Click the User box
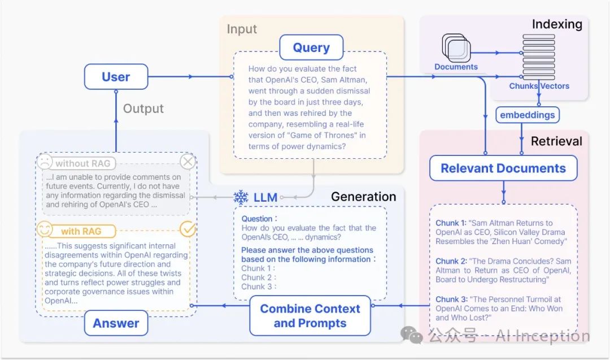click(x=116, y=77)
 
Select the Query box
click(x=311, y=47)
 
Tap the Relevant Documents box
click(x=503, y=168)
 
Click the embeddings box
click(x=528, y=115)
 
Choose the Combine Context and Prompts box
click(x=310, y=316)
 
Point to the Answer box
click(x=116, y=323)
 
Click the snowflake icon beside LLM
click(x=241, y=197)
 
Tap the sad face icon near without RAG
click(x=44, y=162)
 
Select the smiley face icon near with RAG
click(x=44, y=229)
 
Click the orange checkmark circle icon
click(x=187, y=229)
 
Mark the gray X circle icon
click(x=188, y=162)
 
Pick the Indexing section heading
click(x=556, y=24)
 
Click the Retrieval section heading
click(x=556, y=141)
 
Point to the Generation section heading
click(x=363, y=197)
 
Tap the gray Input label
click(x=242, y=29)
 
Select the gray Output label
click(x=143, y=109)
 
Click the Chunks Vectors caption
click(x=539, y=86)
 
